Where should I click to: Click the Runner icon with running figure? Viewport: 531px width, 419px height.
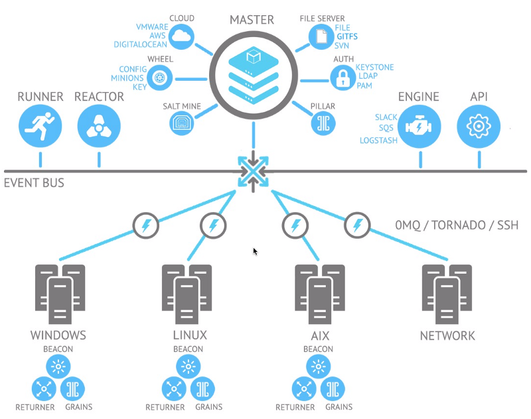point(40,126)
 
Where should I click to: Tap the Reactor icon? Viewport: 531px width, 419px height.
point(99,126)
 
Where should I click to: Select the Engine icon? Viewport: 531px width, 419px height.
point(420,126)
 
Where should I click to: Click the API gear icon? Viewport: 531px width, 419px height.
point(479,126)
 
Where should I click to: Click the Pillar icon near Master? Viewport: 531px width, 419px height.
point(323,123)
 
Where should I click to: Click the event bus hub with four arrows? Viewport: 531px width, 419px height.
point(253,172)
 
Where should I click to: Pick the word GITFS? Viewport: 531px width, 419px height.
point(346,37)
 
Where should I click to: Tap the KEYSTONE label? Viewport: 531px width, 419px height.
point(374,68)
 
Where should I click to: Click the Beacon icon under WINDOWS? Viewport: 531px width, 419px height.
point(58,365)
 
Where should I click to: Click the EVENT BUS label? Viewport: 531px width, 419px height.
point(35,183)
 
